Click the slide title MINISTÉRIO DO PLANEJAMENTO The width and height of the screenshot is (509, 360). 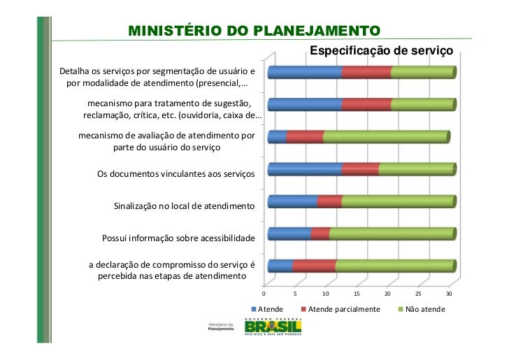[254, 31]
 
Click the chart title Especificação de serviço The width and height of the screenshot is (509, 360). [381, 52]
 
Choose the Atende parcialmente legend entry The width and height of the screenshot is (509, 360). [343, 309]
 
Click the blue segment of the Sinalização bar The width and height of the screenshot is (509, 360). [292, 201]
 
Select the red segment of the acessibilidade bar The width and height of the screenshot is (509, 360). [320, 233]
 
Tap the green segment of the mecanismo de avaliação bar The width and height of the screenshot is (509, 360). [385, 137]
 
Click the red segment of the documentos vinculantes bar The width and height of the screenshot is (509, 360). [360, 169]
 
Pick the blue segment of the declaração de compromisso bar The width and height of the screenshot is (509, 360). [280, 266]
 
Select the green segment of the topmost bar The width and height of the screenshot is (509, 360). [422, 73]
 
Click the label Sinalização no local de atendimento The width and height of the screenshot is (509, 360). [184, 206]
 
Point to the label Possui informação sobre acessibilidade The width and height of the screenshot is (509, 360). [178, 238]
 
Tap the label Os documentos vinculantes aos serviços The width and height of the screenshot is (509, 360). [175, 173]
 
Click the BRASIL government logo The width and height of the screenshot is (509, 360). [273, 327]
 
